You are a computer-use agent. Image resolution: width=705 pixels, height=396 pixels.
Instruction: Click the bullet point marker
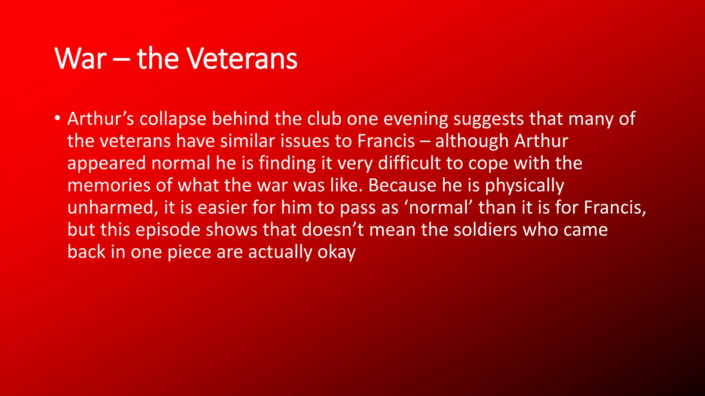(57, 118)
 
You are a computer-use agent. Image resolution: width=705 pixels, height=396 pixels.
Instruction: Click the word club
(324, 119)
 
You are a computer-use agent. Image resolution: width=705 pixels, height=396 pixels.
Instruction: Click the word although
(472, 141)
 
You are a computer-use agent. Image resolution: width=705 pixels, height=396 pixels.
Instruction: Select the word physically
(524, 186)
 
